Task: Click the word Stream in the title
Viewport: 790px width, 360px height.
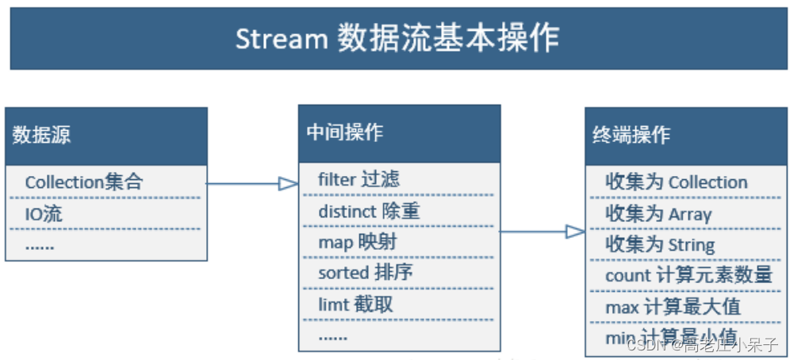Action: click(x=281, y=39)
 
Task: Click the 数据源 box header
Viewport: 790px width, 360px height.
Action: click(x=42, y=135)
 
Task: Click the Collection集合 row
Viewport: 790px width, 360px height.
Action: click(x=84, y=182)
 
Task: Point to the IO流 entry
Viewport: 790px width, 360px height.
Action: click(x=44, y=214)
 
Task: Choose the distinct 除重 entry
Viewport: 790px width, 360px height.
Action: click(x=369, y=211)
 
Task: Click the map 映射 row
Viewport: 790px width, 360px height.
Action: click(x=357, y=242)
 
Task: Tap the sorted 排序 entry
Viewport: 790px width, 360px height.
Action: click(x=365, y=273)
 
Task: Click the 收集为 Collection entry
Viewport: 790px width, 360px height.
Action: click(x=676, y=182)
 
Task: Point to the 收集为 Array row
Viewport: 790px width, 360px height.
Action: click(x=658, y=214)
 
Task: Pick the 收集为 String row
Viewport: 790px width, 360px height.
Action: click(x=660, y=245)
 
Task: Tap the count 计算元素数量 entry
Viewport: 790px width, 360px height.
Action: click(x=688, y=276)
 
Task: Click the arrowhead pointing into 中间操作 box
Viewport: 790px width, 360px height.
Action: click(x=288, y=184)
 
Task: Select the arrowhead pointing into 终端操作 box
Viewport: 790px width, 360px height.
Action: click(x=575, y=232)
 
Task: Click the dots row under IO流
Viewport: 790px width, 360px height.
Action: click(x=40, y=245)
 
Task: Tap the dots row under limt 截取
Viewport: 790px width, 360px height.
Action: click(x=333, y=335)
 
